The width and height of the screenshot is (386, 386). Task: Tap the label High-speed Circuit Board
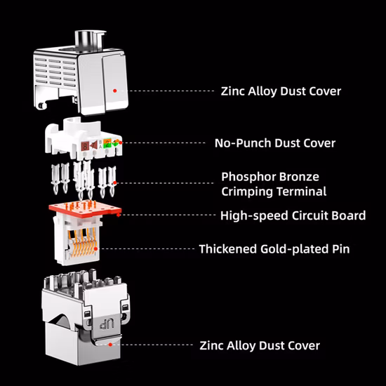tap(293, 215)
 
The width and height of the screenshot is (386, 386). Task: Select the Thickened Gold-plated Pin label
tap(274, 249)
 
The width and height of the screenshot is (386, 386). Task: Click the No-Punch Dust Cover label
tap(275, 143)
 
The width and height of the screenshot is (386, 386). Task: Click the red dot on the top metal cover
tap(114, 91)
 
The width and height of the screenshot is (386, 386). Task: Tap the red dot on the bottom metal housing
tap(110, 345)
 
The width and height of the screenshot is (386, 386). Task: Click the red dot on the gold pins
tap(95, 249)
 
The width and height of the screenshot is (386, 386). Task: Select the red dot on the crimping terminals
tap(114, 182)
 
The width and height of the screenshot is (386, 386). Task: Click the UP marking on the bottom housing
tap(107, 324)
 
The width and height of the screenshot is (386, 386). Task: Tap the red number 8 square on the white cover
tap(85, 146)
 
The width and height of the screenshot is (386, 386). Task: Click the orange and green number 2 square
tap(107, 143)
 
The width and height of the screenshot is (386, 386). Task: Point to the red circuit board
tap(85, 209)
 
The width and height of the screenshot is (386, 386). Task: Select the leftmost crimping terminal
tap(55, 178)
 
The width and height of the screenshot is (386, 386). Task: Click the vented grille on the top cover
tap(55, 72)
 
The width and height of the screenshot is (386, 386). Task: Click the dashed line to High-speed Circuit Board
tap(168, 215)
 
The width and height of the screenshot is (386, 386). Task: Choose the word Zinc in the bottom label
tap(211, 345)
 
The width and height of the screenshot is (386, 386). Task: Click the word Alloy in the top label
tap(262, 91)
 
